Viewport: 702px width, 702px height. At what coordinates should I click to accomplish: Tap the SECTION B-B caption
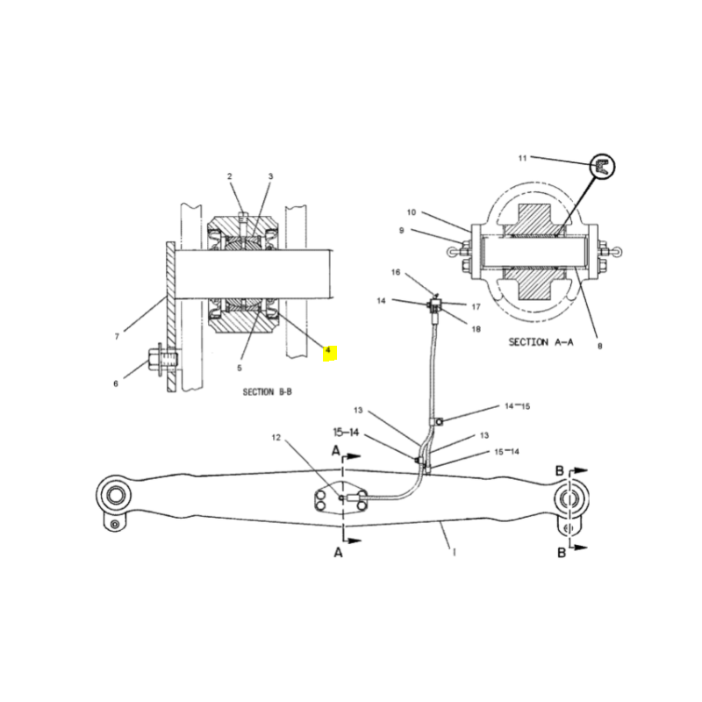click(x=268, y=391)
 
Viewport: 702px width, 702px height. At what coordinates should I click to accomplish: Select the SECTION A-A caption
click(x=541, y=342)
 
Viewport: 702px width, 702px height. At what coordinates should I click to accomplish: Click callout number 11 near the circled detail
click(x=522, y=158)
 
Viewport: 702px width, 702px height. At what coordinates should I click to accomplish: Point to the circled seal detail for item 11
click(x=602, y=167)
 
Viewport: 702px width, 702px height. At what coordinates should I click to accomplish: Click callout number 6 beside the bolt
click(x=116, y=383)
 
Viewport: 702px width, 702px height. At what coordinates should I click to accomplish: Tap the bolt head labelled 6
click(x=155, y=359)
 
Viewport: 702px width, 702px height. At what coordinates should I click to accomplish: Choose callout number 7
click(x=118, y=336)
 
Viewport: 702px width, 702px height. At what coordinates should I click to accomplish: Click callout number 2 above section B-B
click(x=230, y=176)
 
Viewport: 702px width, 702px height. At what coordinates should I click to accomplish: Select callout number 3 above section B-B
click(x=270, y=176)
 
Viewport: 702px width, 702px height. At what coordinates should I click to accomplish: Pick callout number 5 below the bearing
click(x=240, y=368)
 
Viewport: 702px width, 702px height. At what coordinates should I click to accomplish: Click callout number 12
click(x=276, y=437)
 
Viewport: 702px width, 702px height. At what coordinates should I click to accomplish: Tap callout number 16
click(x=396, y=272)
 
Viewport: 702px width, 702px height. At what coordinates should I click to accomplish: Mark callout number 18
click(x=476, y=329)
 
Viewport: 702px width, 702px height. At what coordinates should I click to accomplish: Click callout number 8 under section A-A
click(x=600, y=346)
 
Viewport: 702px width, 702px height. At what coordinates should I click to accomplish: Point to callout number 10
click(x=412, y=212)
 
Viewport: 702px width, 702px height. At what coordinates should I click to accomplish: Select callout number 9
click(x=402, y=230)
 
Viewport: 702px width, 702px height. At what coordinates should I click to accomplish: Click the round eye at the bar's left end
click(x=115, y=496)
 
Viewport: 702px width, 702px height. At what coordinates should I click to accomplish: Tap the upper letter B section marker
click(x=560, y=471)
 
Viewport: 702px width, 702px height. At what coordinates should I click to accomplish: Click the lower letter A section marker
click(x=339, y=553)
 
